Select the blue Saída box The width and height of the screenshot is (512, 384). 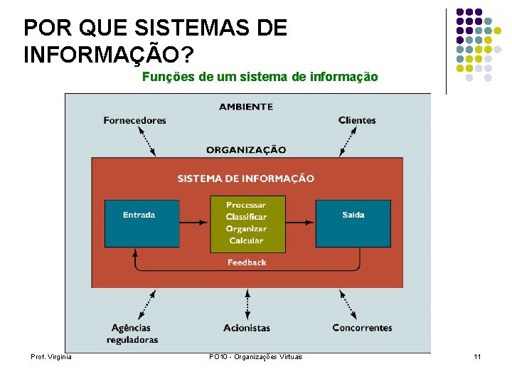(x=353, y=223)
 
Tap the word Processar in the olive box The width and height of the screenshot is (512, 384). (x=246, y=205)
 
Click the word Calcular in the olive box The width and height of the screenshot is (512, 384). (x=246, y=241)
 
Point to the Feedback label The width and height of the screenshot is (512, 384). (x=247, y=262)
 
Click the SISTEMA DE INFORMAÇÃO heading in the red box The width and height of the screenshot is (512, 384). (x=246, y=178)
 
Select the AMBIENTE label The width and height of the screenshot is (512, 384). (x=246, y=107)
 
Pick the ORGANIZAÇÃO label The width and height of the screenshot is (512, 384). (x=246, y=150)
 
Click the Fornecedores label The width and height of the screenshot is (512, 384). (x=134, y=120)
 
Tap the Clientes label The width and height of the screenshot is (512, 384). (x=357, y=120)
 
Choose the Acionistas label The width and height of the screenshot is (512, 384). (x=247, y=328)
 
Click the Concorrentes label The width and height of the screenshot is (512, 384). (x=362, y=328)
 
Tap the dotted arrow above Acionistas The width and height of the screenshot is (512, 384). (x=247, y=304)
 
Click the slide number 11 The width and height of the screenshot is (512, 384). (x=477, y=356)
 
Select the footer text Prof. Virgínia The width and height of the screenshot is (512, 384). (x=51, y=356)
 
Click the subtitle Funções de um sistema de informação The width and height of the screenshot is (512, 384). (x=260, y=77)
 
